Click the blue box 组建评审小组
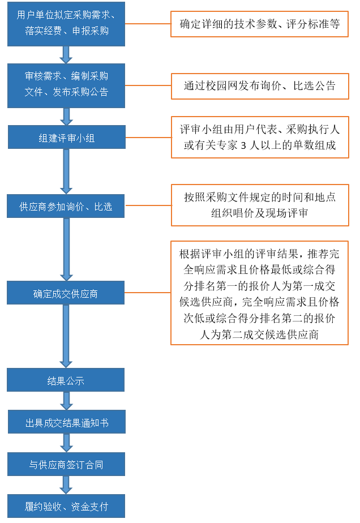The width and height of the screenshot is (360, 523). [66, 138]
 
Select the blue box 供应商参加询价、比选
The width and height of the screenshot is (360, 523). [66, 206]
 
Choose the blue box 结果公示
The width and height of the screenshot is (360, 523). [66, 380]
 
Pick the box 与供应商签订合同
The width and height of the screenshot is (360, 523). [66, 465]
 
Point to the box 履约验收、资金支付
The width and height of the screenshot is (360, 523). [66, 506]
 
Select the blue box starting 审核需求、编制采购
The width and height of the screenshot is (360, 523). [66, 84]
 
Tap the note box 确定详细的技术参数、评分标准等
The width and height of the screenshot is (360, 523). [260, 24]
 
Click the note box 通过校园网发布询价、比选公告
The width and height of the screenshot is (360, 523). [260, 86]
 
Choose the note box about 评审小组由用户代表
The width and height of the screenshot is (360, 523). [260, 137]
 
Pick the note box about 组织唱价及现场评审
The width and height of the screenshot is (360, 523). [260, 205]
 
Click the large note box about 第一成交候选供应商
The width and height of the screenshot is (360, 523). [260, 292]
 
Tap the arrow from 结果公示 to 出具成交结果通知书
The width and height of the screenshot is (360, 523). [66, 401]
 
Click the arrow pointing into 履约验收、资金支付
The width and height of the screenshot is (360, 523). [66, 485]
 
